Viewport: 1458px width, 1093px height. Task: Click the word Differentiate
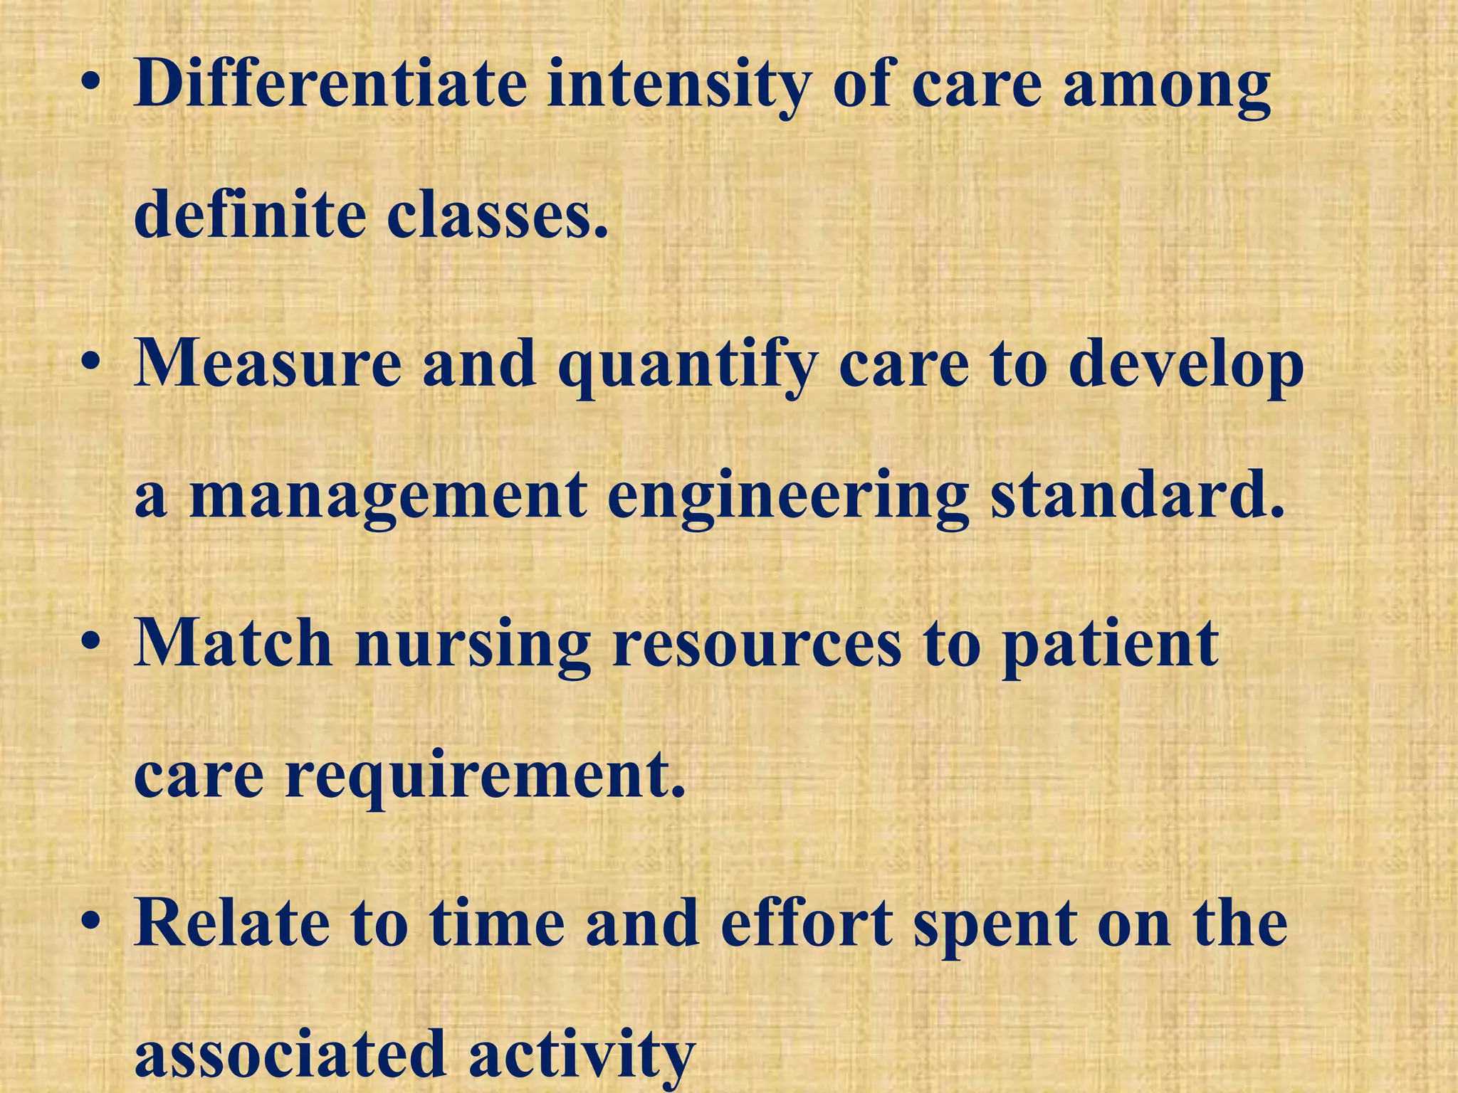pyautogui.click(x=330, y=85)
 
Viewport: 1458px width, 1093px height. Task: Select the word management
pyautogui.click(x=388, y=497)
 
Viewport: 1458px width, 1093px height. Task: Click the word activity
pyautogui.click(x=581, y=1056)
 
